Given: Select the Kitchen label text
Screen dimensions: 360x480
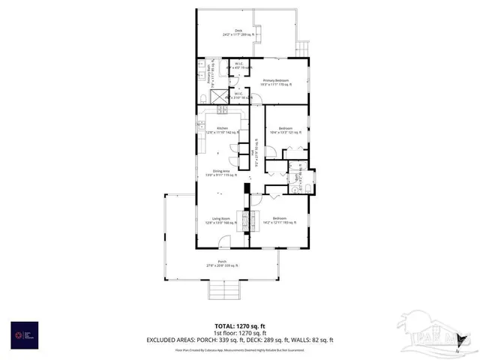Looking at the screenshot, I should (x=223, y=130).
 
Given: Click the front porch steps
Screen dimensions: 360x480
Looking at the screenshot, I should (x=223, y=289).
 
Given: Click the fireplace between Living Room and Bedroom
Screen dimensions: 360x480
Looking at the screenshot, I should (x=244, y=220).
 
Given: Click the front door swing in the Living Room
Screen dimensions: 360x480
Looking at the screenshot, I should (x=224, y=243).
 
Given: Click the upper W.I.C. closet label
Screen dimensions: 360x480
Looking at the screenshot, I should (x=238, y=65).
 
